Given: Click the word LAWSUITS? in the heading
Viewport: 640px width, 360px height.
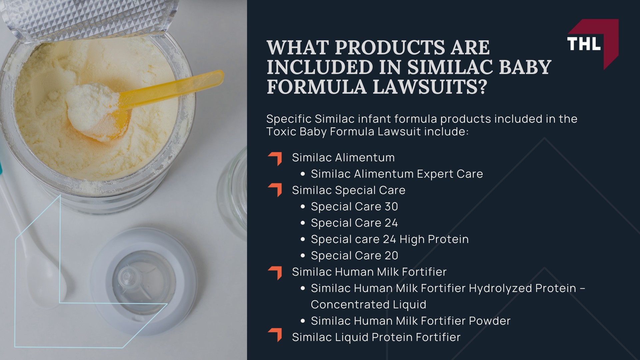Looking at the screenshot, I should pos(430,86).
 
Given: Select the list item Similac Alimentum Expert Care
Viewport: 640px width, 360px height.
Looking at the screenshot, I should pos(397,174).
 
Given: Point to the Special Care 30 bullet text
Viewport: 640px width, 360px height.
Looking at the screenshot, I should pos(354,207).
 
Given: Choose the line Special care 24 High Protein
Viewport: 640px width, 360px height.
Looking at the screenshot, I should pos(390,239).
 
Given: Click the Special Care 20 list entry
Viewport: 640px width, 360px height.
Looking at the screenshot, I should pos(354,256).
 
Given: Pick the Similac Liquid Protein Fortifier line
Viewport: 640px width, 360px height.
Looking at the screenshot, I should pos(376,337).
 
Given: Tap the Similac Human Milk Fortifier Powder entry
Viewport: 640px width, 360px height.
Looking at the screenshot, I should pos(410,321).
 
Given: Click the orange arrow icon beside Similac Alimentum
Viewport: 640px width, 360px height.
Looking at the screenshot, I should pos(275,159).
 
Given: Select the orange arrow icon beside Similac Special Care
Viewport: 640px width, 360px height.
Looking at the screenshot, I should pos(275,190).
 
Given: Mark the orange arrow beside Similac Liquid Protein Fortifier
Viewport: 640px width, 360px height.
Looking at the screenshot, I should pos(275,335).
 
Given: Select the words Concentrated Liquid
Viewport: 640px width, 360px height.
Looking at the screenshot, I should pos(368,305).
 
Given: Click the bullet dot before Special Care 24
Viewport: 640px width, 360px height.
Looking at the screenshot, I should pos(303,223).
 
